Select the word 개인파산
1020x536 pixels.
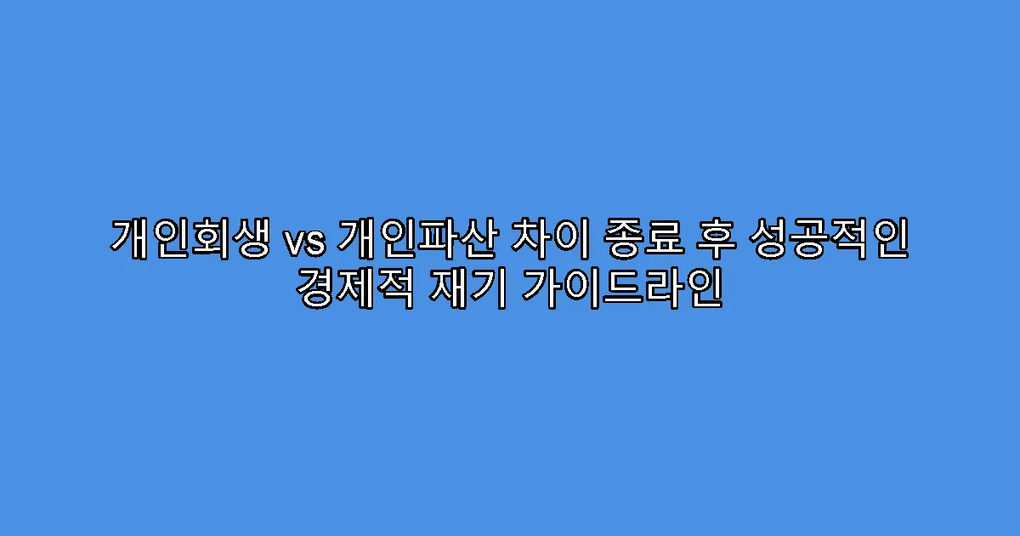click(416, 239)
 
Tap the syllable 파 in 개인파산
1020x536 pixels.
click(437, 239)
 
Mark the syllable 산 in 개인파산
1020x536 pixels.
click(479, 239)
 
